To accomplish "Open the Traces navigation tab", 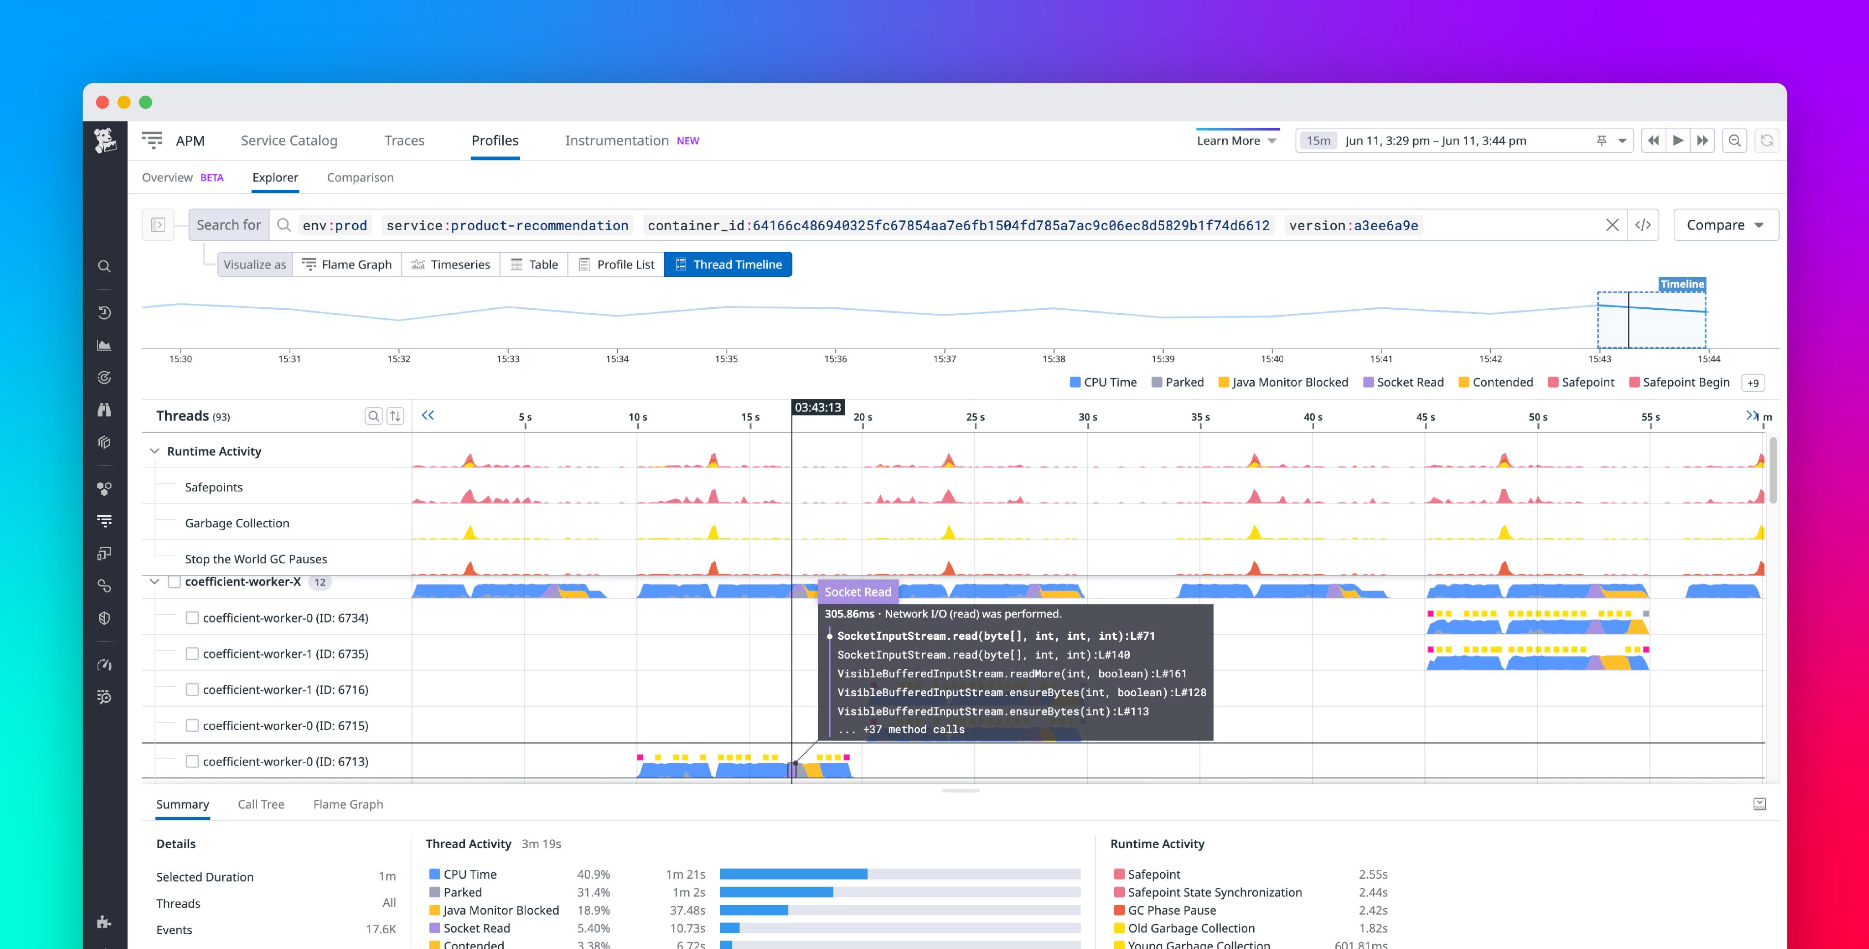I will (x=404, y=141).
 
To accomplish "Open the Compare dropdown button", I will (x=1724, y=225).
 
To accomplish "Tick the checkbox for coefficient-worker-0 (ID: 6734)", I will (x=192, y=618).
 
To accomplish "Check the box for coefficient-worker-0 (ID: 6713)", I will (x=192, y=762).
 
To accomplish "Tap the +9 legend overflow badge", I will (x=1753, y=383).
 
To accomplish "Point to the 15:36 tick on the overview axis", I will (x=835, y=358).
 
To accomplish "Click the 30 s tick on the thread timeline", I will (x=1087, y=417).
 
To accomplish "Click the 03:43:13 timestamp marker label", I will (x=817, y=408).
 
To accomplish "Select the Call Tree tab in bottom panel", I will (x=261, y=804).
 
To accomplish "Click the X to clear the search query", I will (x=1612, y=225).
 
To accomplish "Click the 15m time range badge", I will (x=1318, y=141).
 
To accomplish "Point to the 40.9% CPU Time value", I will (x=593, y=874).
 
